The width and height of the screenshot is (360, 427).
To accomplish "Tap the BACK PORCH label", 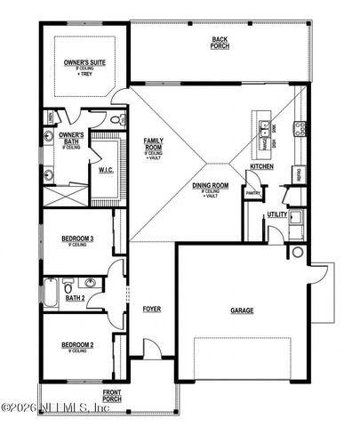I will (x=220, y=42).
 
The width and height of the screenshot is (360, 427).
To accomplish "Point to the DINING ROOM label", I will (x=211, y=187).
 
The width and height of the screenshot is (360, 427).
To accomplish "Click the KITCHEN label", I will (x=260, y=167).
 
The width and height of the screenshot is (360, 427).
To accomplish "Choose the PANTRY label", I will (x=252, y=192).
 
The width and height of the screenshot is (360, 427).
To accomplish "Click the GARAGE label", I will (x=242, y=310).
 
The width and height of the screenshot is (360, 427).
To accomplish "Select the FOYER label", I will (x=152, y=310).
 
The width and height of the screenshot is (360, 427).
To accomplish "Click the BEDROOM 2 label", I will (x=77, y=343).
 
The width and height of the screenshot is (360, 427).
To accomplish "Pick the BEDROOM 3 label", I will (x=77, y=238).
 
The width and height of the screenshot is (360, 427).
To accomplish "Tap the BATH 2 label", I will (x=76, y=298).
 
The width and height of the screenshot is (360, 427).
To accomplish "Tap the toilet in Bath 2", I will (x=92, y=286).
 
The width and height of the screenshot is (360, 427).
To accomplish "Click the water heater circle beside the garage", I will (x=294, y=253).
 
